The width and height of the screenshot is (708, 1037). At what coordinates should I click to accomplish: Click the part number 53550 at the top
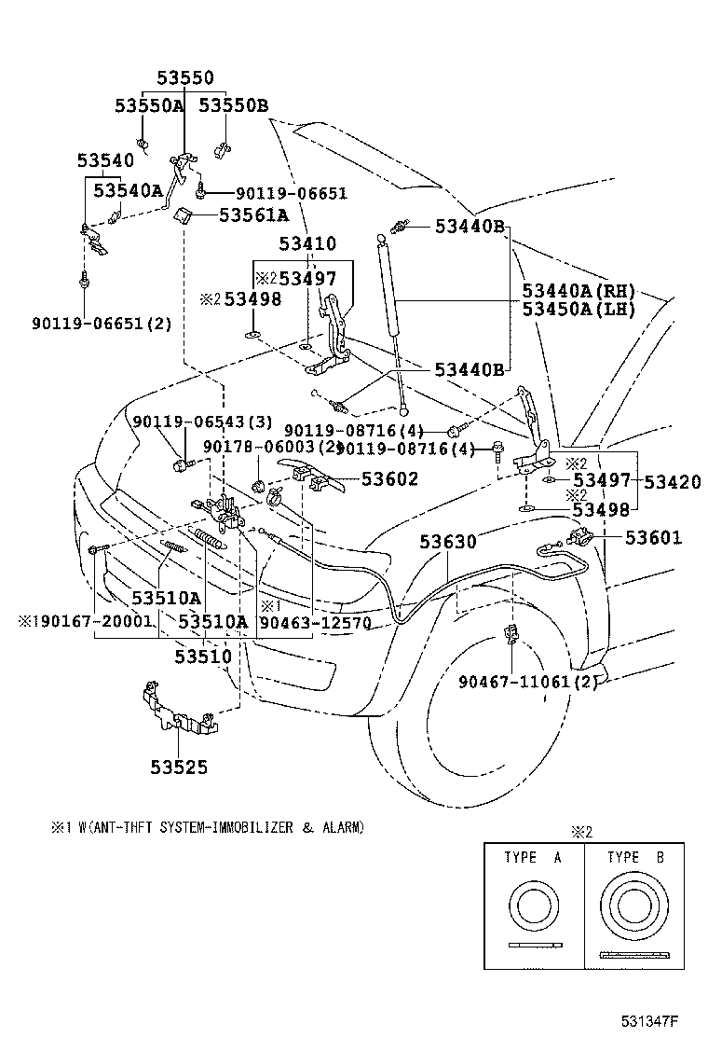(184, 78)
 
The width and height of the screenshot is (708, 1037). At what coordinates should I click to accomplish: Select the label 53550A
(149, 105)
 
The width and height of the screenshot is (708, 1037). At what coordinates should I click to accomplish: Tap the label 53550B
(234, 105)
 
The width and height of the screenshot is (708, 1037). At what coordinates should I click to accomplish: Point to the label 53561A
(254, 215)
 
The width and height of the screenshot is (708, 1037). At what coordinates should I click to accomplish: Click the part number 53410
(307, 244)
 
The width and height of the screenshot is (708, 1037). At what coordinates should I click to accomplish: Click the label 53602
(389, 479)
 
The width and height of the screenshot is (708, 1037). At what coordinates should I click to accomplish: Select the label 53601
(653, 538)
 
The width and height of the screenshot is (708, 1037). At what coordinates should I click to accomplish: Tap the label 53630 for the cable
(447, 542)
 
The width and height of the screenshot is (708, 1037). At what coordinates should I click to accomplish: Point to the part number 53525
(179, 767)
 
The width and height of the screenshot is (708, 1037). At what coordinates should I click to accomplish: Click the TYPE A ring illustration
(534, 909)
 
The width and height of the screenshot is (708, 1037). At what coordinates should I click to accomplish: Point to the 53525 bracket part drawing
(177, 712)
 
